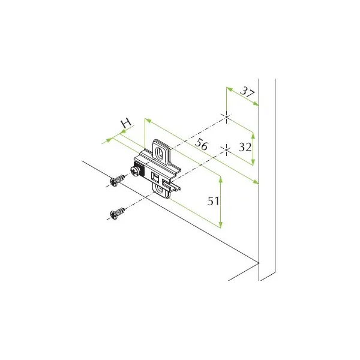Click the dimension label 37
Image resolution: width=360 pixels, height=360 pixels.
point(247,92)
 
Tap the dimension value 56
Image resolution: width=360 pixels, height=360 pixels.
point(202,145)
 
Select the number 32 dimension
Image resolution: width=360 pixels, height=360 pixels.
point(245,147)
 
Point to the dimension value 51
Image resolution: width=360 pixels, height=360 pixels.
point(213,201)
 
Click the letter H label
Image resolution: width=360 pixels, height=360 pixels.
point(126,123)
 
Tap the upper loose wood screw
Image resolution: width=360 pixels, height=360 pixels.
point(118,180)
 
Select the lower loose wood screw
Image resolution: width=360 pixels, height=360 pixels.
point(118,213)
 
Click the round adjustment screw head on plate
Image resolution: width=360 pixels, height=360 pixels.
point(135,171)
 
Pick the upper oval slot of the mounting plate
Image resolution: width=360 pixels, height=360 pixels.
point(159,152)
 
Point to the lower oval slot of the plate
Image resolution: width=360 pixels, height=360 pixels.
point(159,189)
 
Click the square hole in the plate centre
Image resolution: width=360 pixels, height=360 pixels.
point(155,177)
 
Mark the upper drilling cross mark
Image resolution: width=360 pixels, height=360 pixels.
point(226,117)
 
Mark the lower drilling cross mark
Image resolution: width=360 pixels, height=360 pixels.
point(226,150)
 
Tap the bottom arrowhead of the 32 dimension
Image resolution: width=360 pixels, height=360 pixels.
point(253,161)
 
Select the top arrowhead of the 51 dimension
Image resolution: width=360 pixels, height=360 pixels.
point(221,180)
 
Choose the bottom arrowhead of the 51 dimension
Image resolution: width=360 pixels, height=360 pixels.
point(221,224)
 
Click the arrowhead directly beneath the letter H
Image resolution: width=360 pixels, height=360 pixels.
point(123,132)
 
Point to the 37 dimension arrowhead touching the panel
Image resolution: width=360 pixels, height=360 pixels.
point(256,104)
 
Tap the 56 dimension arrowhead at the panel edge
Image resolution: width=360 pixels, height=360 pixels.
point(256,182)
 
